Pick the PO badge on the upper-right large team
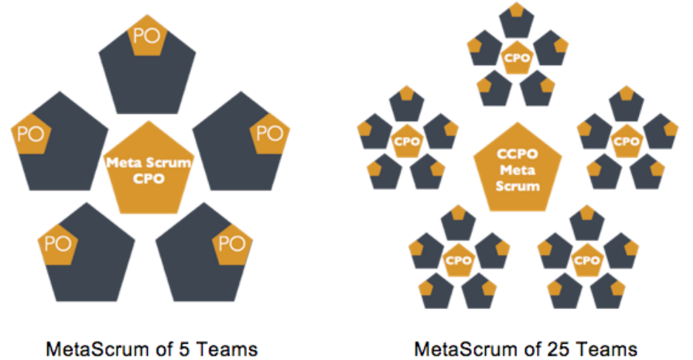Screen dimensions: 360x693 269,135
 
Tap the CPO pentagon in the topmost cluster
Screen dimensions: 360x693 517,58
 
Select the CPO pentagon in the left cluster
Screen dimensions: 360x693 406,140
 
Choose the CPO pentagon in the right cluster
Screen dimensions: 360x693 627,140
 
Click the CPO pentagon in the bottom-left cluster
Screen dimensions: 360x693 459,260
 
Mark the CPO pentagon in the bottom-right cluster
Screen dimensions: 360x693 586,260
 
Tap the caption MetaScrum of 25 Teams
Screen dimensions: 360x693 526,347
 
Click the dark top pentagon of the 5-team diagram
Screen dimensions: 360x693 148,81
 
